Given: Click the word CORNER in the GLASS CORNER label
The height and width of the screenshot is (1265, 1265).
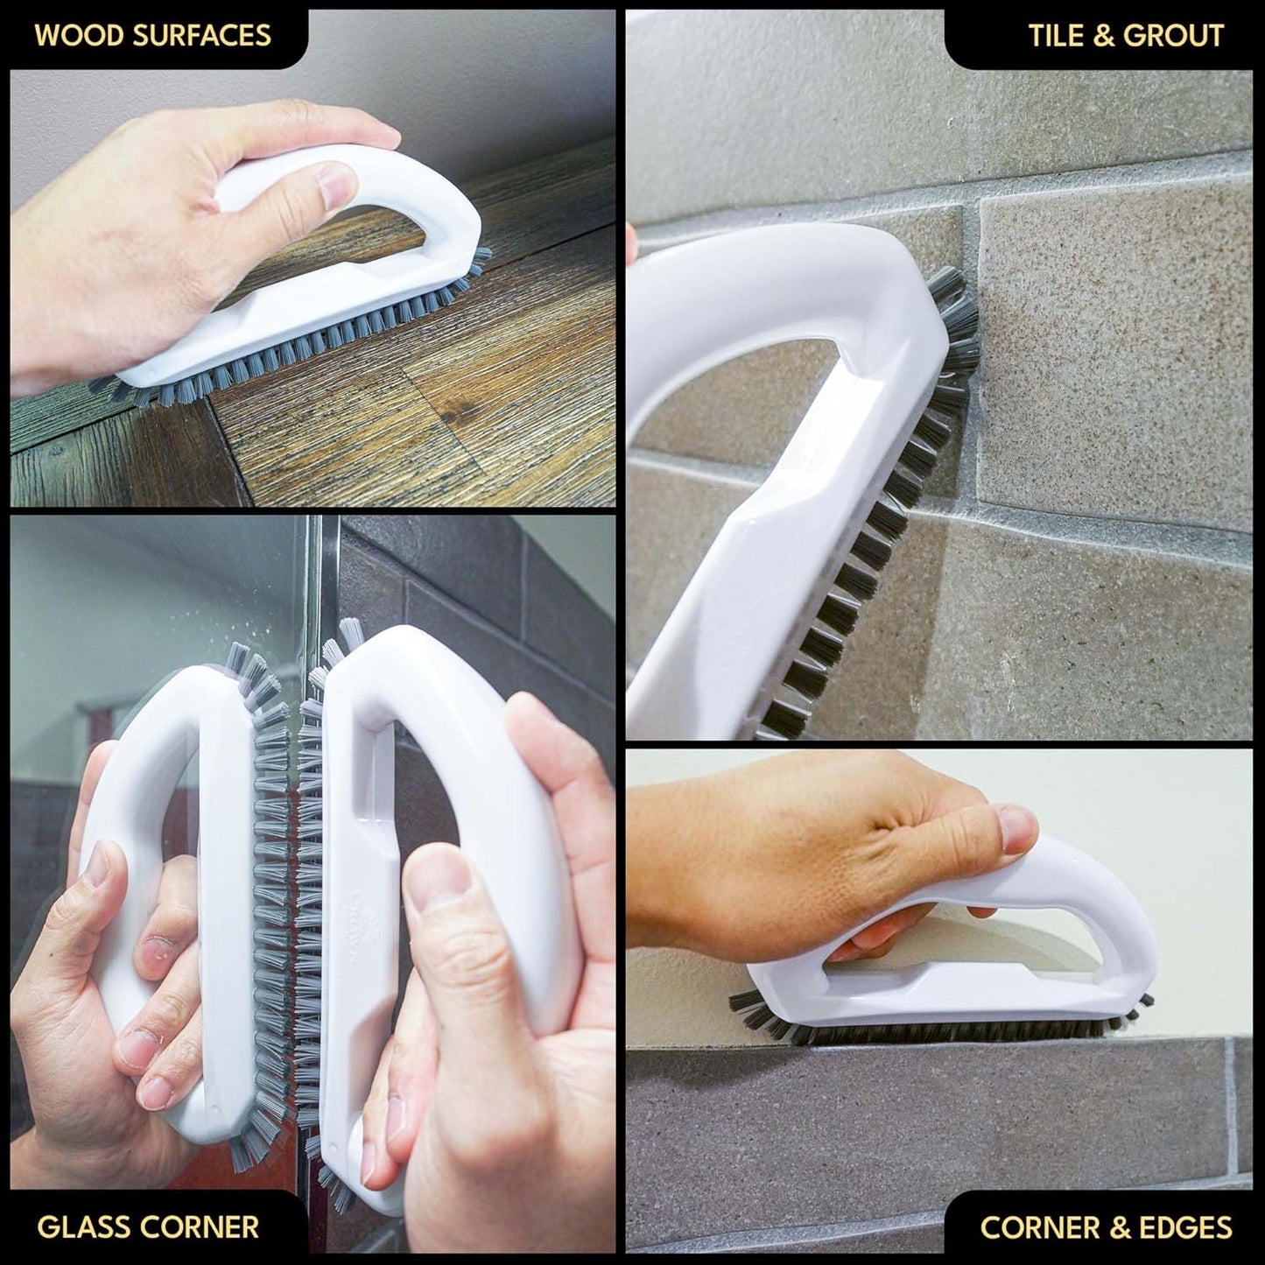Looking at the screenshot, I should tap(203, 1226).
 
